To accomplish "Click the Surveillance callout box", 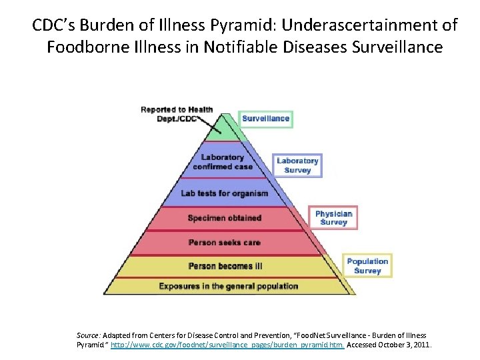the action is click(266, 119).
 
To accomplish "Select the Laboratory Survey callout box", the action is click(298, 165).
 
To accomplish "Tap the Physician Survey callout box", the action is click(333, 218).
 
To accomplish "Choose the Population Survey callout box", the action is click(367, 266).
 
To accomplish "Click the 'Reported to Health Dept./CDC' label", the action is click(177, 114).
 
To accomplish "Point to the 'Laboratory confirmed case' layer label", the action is click(223, 162).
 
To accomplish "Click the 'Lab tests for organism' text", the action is click(224, 193).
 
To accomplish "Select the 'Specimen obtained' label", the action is click(224, 218).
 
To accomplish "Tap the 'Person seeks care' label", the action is click(224, 242).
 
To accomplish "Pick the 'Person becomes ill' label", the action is click(225, 266).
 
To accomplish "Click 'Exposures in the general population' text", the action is click(228, 286).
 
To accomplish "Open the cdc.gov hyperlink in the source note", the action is click(227, 345).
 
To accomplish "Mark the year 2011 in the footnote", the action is click(422, 345).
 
